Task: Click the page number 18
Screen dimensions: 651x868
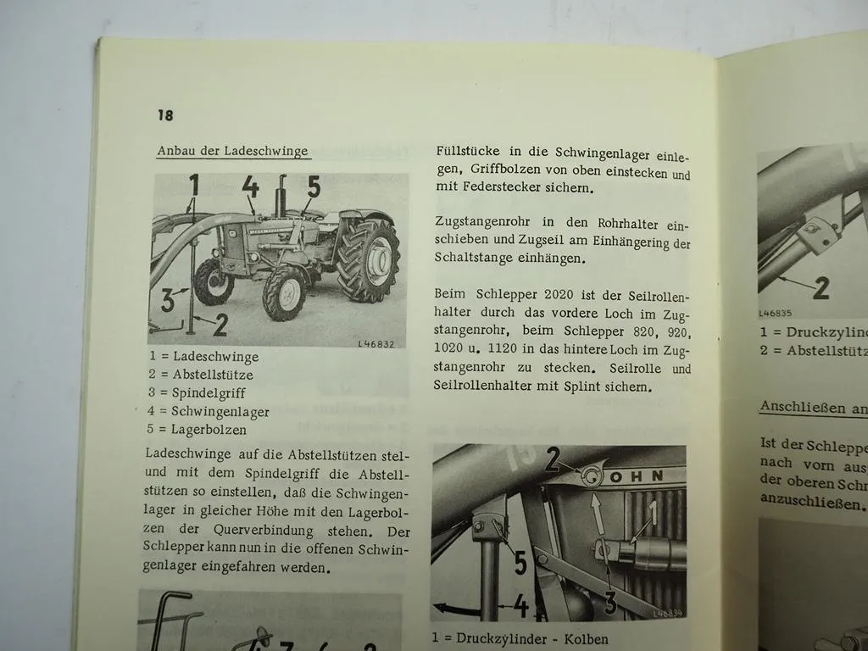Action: (164, 114)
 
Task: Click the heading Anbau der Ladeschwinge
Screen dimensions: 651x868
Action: (232, 151)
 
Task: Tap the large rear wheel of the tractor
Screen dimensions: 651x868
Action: (368, 259)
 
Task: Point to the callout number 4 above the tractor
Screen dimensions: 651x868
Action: (250, 187)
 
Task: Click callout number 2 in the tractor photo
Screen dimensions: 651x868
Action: (220, 325)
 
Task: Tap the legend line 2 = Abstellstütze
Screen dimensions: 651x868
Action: (201, 375)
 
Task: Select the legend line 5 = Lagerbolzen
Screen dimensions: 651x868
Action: (198, 430)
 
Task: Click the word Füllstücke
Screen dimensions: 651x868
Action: (466, 151)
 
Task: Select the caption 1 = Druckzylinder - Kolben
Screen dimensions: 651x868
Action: (520, 638)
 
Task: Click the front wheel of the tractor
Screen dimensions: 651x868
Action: (285, 293)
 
